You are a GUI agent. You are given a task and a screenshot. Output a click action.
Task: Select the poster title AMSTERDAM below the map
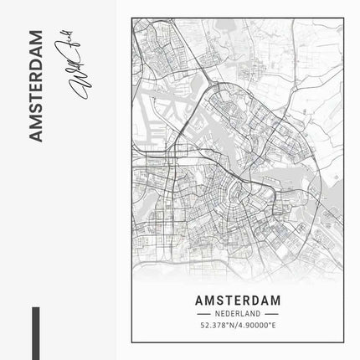click(238, 299)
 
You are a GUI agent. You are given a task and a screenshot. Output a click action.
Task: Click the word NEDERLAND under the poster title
click(238, 313)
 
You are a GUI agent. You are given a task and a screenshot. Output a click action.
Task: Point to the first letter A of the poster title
click(198, 299)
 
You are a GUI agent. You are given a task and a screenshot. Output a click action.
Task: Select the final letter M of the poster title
click(276, 299)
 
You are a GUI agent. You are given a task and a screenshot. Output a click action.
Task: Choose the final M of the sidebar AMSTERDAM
click(34, 35)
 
